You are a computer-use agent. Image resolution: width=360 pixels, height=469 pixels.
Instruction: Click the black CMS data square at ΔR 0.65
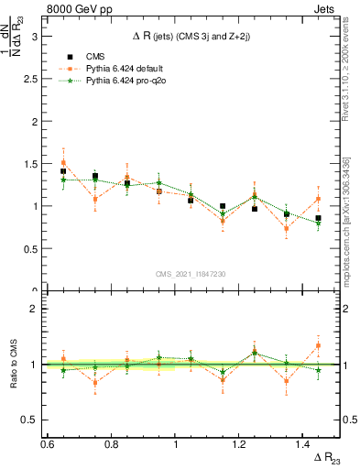tap(63, 171)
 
